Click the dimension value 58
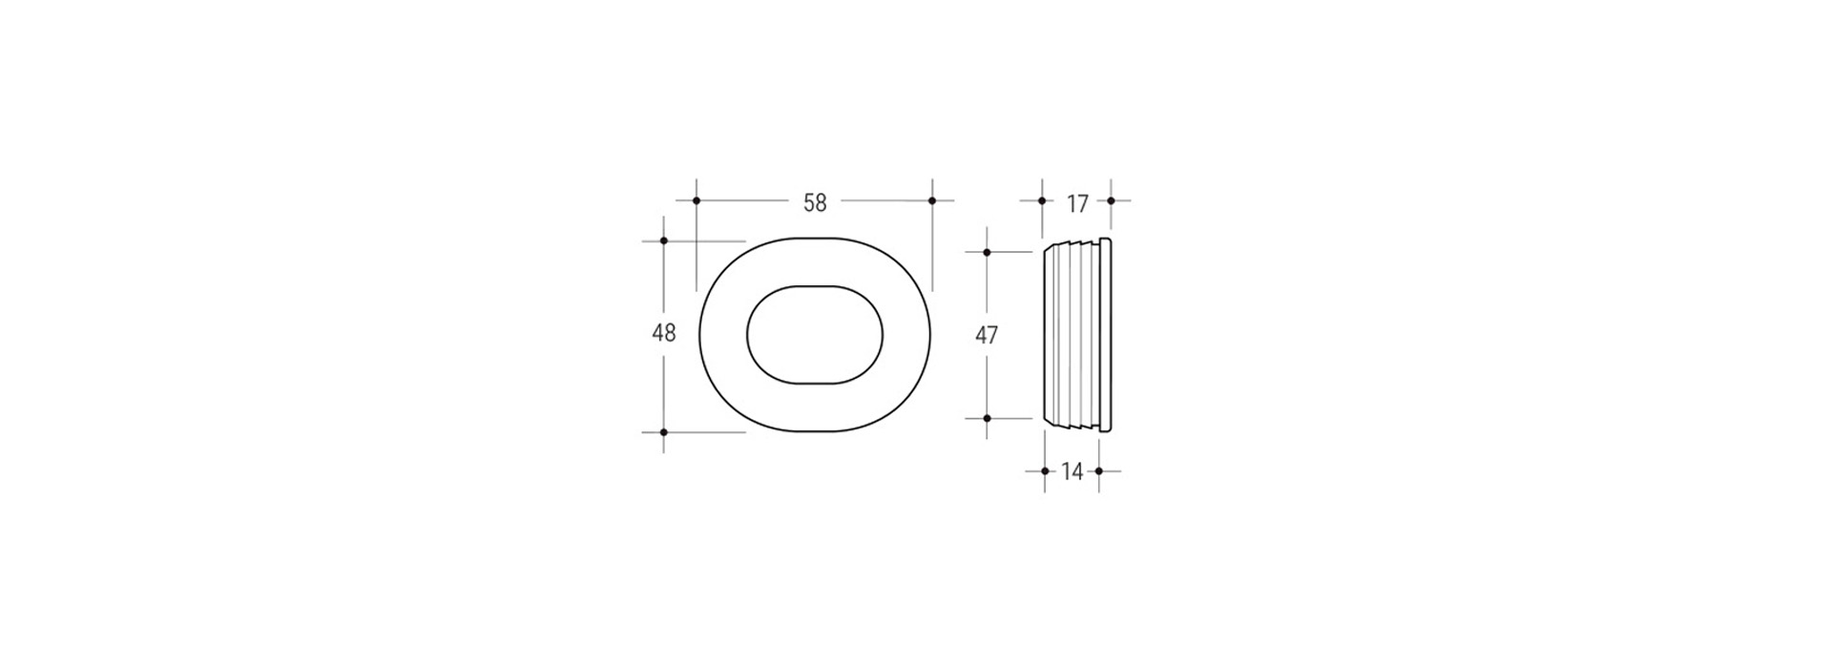point(815,203)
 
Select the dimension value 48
point(663,333)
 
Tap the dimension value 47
point(987,335)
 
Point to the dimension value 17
point(1077,203)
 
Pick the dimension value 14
point(1072,471)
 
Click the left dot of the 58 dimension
point(697,200)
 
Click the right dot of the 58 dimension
point(932,200)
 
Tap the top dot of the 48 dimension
point(664,240)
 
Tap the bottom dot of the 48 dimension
point(664,432)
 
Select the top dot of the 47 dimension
point(987,252)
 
